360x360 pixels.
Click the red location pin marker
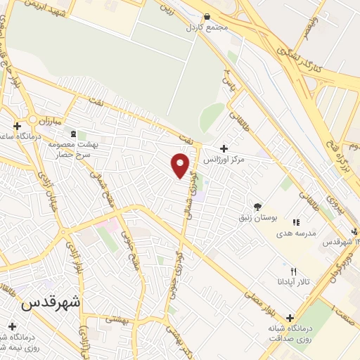[x=181, y=165]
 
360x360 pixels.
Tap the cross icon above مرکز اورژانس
[x=224, y=148]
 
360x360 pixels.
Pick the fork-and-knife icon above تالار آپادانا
[x=294, y=271]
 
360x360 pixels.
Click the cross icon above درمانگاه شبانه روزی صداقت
[x=290, y=317]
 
